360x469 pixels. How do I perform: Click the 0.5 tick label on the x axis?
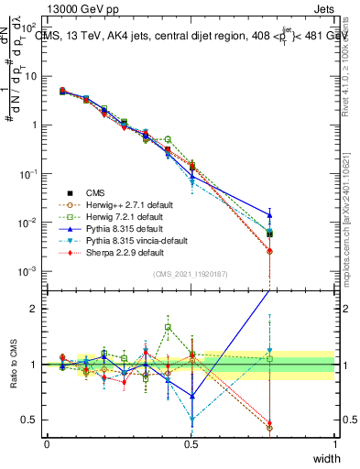[191, 443]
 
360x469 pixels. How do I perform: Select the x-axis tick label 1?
[334, 443]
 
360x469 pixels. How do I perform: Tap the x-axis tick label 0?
[47, 443]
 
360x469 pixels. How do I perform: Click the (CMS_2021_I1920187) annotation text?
[191, 274]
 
